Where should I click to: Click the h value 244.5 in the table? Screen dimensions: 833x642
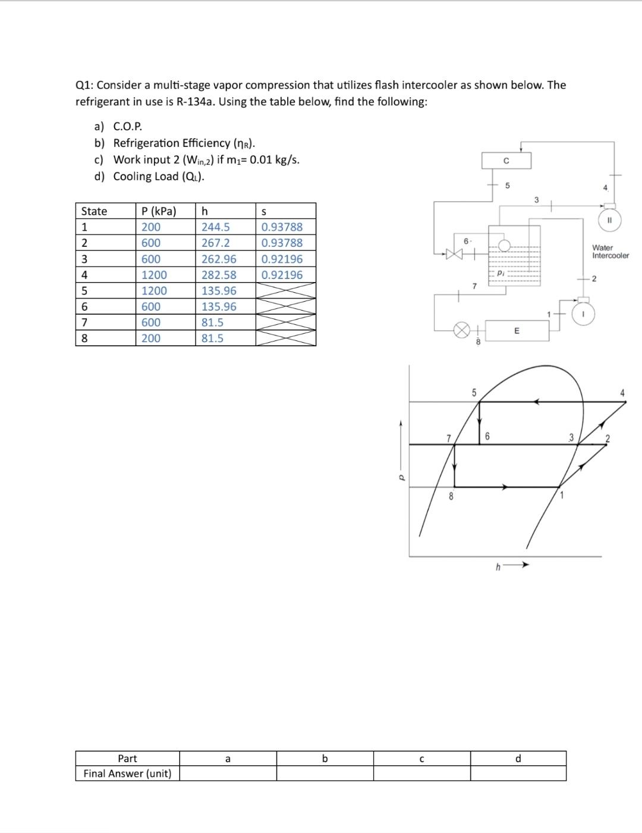point(215,227)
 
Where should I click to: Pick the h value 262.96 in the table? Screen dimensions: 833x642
point(218,259)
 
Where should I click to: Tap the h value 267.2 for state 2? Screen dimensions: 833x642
point(215,243)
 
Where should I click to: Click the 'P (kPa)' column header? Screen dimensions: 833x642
point(158,211)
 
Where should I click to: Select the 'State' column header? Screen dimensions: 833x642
point(94,211)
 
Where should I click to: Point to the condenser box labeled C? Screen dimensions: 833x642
point(506,161)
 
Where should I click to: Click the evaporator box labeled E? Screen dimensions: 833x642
point(516,331)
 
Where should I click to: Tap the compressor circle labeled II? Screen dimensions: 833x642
point(609,220)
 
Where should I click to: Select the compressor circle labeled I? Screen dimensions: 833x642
point(584,314)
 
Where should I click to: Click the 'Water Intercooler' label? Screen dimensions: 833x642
point(610,252)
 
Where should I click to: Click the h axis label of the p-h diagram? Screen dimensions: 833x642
point(498,566)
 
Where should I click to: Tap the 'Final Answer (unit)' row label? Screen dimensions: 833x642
point(127,773)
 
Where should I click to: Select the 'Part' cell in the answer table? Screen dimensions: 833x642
point(127,759)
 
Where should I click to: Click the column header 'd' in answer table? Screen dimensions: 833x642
point(518,759)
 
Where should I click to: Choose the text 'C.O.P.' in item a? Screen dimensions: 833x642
point(128,126)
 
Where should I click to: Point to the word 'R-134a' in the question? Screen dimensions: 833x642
point(197,101)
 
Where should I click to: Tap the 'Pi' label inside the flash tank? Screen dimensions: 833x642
point(501,273)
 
